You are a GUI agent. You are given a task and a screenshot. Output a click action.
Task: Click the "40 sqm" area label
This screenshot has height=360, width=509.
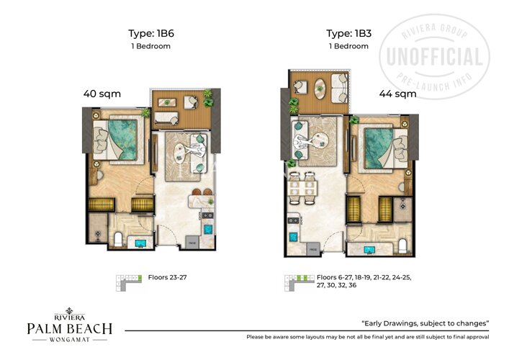pyautogui.click(x=102, y=94)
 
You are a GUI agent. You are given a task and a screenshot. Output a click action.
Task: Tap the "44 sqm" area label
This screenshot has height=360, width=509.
pyautogui.click(x=397, y=94)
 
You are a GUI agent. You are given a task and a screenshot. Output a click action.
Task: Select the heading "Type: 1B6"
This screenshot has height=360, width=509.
pyautogui.click(x=152, y=33)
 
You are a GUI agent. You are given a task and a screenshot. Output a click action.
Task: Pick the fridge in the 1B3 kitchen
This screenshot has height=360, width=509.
pyautogui.click(x=314, y=249)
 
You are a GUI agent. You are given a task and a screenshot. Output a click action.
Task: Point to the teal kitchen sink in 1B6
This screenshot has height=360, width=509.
pyautogui.click(x=207, y=229)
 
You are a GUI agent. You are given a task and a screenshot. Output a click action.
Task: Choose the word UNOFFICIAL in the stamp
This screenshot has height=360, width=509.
pyautogui.click(x=435, y=56)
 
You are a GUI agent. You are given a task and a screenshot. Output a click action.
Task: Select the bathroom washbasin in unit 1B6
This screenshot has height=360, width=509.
pyautogui.click(x=140, y=243)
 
